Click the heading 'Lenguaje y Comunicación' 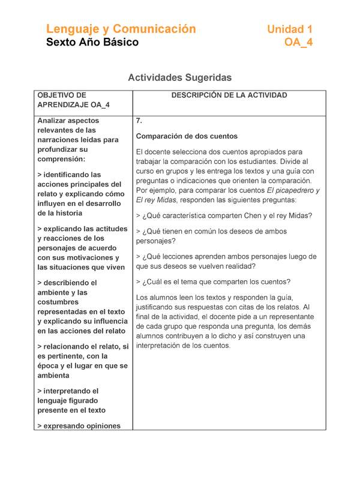point(121,29)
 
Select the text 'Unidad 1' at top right point(289,29)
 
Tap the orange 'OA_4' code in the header point(298,42)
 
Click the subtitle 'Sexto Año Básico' point(92,42)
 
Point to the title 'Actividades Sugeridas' point(180,77)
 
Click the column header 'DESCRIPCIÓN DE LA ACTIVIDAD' point(229,95)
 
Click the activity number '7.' point(139,121)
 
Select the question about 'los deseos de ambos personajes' point(211,236)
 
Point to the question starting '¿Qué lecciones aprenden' point(226,261)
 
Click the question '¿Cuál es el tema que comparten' point(213,281)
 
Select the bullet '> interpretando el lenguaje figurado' point(71,400)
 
